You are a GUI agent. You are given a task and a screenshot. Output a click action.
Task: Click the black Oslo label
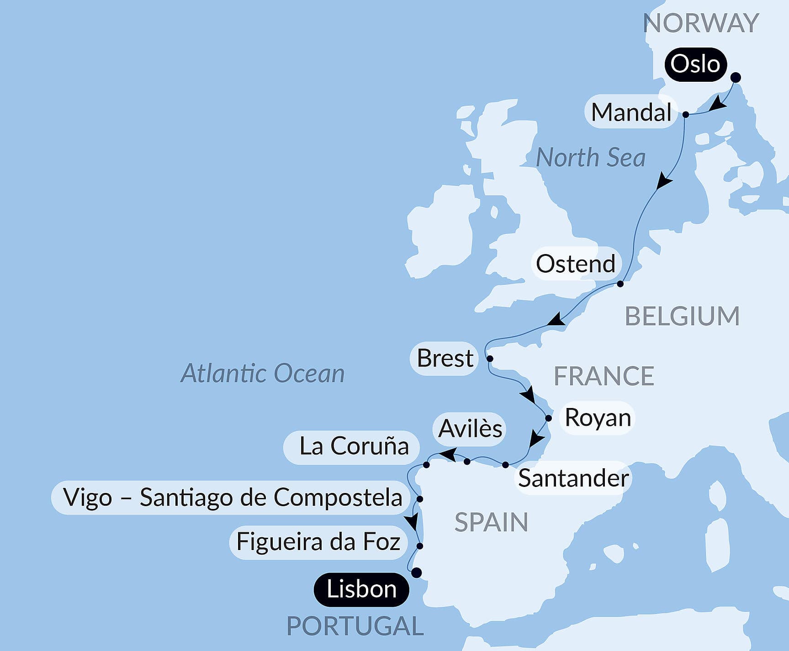[695, 64]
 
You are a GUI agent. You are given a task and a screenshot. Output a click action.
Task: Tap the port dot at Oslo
[736, 78]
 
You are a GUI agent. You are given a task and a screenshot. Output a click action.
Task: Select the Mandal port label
[631, 112]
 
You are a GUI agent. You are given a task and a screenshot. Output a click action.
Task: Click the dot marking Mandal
[685, 115]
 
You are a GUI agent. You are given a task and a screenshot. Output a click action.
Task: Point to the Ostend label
[576, 264]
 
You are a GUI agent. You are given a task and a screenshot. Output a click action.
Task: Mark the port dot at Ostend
[620, 284]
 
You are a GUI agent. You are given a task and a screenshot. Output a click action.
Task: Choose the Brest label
[445, 358]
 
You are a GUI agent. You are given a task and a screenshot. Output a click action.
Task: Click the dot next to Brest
[490, 359]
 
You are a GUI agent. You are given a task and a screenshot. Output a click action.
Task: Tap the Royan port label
[598, 418]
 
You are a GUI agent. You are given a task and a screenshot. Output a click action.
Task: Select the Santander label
[573, 478]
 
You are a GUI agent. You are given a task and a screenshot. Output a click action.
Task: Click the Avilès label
[470, 429]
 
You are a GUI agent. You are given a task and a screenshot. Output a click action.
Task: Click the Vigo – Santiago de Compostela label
[232, 498]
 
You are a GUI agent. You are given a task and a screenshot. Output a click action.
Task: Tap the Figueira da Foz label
[318, 542]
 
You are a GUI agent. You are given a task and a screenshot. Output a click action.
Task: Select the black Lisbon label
[361, 589]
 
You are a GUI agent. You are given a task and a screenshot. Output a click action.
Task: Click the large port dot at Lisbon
[417, 572]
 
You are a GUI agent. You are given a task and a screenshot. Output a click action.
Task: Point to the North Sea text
[590, 158]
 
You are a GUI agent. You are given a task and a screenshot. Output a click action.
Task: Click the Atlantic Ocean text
[262, 373]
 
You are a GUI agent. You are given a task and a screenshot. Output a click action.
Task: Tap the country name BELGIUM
[682, 316]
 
